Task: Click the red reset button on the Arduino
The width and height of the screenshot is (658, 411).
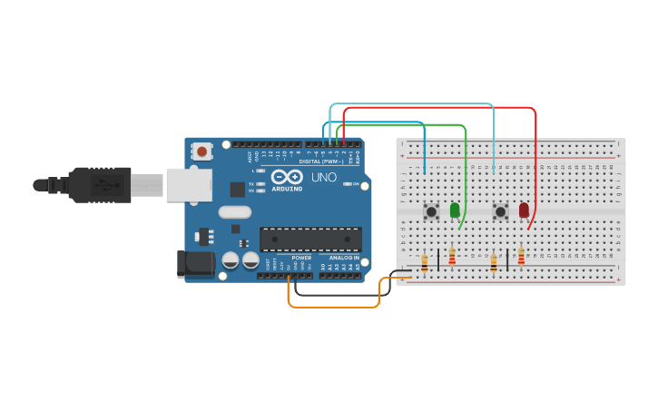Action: click(201, 152)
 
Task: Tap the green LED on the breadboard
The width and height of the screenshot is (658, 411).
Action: click(455, 210)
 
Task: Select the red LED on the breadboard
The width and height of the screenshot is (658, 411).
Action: click(524, 210)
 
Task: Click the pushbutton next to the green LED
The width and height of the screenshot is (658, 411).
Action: click(431, 211)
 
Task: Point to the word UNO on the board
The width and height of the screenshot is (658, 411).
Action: click(324, 177)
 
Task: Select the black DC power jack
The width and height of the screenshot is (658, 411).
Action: click(194, 263)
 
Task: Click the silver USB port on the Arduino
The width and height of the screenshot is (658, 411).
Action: click(188, 185)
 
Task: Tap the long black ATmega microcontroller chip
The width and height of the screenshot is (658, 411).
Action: click(310, 240)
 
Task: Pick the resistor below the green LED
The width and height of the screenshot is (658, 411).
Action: click(452, 258)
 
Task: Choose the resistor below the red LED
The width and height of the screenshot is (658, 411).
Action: click(521, 257)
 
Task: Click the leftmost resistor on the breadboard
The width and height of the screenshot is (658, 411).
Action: click(424, 263)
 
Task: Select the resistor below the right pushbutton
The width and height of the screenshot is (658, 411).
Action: click(494, 263)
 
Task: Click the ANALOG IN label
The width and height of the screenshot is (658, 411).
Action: click(344, 258)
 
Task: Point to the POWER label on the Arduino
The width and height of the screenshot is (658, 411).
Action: click(301, 258)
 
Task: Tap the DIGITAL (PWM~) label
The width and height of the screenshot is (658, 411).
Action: click(309, 161)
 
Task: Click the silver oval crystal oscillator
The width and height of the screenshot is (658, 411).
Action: click(234, 212)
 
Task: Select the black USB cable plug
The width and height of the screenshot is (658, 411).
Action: click(100, 185)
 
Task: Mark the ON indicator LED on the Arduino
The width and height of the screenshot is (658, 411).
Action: click(349, 183)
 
